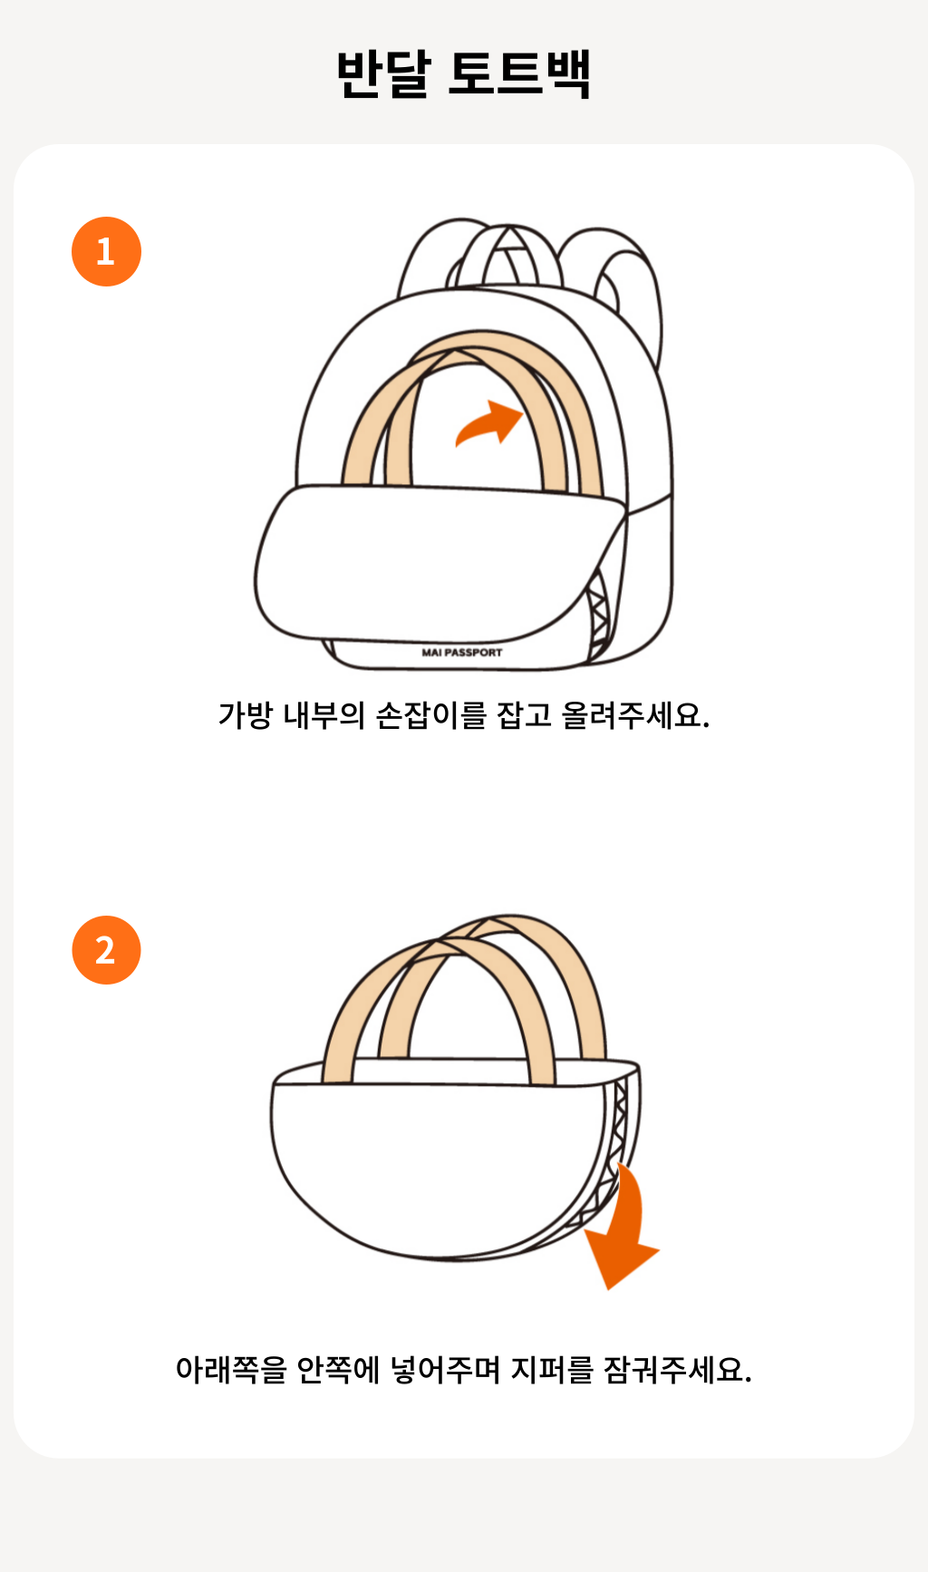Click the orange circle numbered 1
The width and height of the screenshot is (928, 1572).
coord(106,251)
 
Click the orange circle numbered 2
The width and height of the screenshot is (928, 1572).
coord(106,950)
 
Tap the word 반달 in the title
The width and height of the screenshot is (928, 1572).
coord(382,73)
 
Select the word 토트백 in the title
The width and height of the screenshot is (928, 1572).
coord(520,73)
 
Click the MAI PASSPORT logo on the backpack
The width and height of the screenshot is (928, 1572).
coord(461,652)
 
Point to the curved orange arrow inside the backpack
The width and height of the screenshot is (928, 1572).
coord(491,422)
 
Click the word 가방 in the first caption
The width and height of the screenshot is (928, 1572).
coord(245,715)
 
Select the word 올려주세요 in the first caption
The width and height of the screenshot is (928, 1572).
coord(635,715)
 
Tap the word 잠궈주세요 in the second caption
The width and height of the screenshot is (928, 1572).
coord(678,1369)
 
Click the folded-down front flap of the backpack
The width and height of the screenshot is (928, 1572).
coord(435,562)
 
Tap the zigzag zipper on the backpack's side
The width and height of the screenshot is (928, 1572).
coord(599,616)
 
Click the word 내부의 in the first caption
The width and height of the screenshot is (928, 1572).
coord(324,715)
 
